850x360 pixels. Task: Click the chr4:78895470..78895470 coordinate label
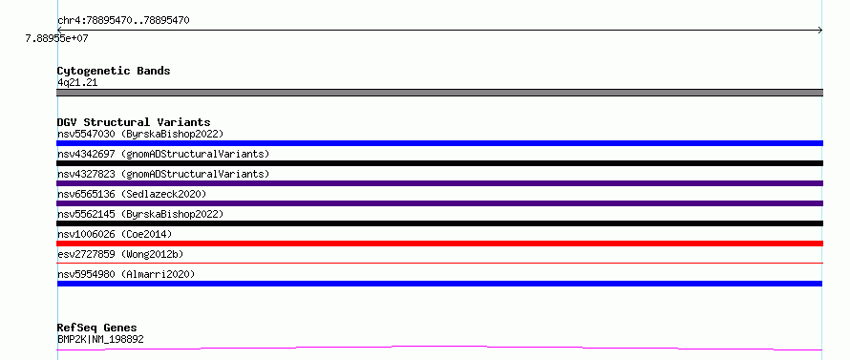pyautogui.click(x=123, y=21)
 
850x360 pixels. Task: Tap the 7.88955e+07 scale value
pyautogui.click(x=56, y=38)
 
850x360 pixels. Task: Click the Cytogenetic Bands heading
pyautogui.click(x=114, y=71)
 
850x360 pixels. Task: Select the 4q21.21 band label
pyautogui.click(x=77, y=83)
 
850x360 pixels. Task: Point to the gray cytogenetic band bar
pyautogui.click(x=439, y=93)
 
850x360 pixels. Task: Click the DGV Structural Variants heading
pyautogui.click(x=134, y=122)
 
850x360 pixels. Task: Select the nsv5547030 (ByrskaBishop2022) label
pyautogui.click(x=140, y=134)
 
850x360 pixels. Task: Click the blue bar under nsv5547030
pyautogui.click(x=439, y=143)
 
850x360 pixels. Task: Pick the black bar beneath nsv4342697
pyautogui.click(x=439, y=163)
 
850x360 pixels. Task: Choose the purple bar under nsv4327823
pyautogui.click(x=439, y=183)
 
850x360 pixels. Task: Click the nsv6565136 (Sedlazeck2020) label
pyautogui.click(x=132, y=194)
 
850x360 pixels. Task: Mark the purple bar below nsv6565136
pyautogui.click(x=439, y=203)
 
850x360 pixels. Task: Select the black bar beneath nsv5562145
pyautogui.click(x=439, y=223)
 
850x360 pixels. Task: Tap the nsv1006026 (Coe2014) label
pyautogui.click(x=115, y=234)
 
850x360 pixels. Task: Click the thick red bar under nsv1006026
pyautogui.click(x=439, y=244)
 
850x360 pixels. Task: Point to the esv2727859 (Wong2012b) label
pyautogui.click(x=123, y=254)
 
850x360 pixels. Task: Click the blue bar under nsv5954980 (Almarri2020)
pyautogui.click(x=439, y=284)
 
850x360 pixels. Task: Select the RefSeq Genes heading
pyautogui.click(x=97, y=328)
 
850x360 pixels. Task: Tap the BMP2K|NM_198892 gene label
pyautogui.click(x=100, y=339)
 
